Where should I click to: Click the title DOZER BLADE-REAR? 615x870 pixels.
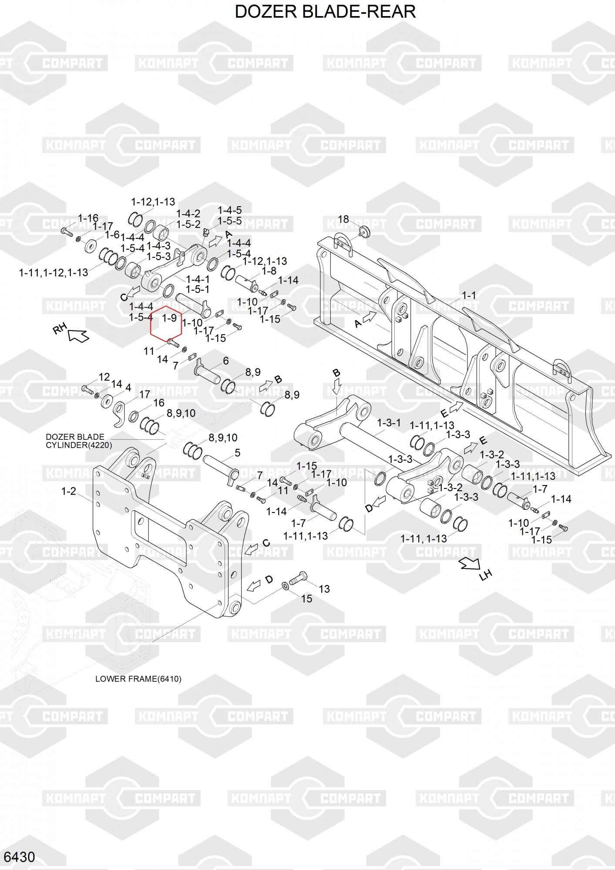click(x=325, y=12)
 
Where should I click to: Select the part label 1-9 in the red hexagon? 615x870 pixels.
click(x=169, y=318)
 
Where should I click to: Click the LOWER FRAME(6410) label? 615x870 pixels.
click(x=138, y=679)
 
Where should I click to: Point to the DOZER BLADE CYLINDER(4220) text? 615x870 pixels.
click(x=78, y=441)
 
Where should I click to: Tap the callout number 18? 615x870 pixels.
click(x=343, y=219)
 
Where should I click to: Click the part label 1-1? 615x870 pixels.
click(x=468, y=295)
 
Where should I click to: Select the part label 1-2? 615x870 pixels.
click(x=68, y=491)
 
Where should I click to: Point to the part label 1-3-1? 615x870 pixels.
click(x=389, y=423)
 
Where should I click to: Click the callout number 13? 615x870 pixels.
click(x=324, y=589)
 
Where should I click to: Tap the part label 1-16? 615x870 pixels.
click(x=88, y=218)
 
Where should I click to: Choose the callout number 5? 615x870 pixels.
click(x=237, y=453)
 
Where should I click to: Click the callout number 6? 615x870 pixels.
click(x=226, y=361)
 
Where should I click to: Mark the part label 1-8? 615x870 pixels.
click(x=269, y=271)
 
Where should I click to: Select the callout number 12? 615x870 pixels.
click(x=104, y=377)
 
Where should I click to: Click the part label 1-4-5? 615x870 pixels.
click(x=229, y=211)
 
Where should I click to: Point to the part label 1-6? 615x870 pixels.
click(x=112, y=234)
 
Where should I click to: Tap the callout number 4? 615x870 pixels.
click(x=128, y=387)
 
